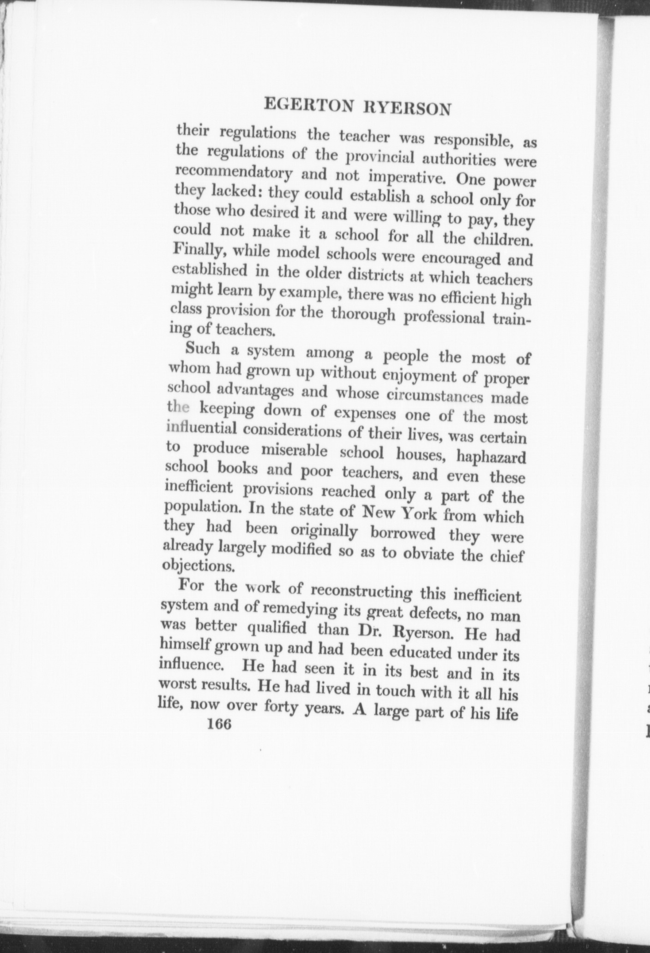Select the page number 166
coord(219,724)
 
